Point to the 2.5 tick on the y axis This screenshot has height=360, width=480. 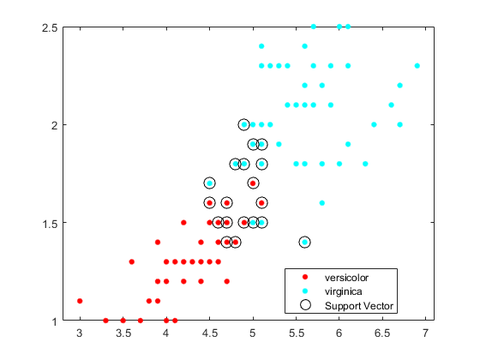coord(51,27)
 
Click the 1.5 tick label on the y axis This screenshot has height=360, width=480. coord(51,223)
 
